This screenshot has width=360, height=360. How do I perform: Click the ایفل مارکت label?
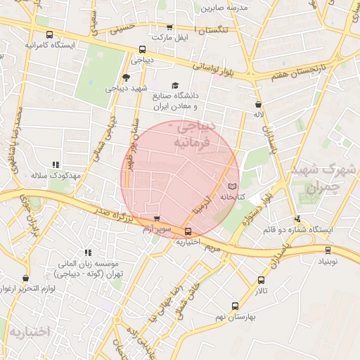pos(172,37)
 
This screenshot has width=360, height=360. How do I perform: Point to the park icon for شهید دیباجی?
pos(126,77)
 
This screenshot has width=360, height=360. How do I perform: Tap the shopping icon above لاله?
pos(259,104)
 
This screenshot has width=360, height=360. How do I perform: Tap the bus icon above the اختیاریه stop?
pos(188,231)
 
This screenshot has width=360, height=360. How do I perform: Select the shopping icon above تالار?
pos(262,281)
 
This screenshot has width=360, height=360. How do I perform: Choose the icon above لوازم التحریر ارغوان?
pos(26,278)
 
